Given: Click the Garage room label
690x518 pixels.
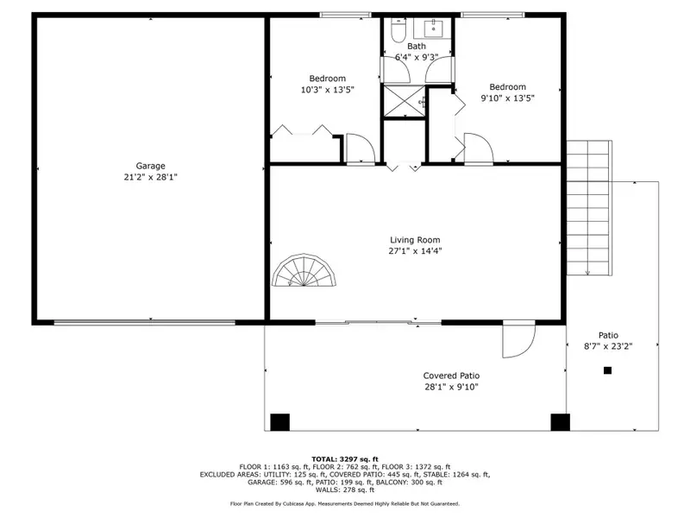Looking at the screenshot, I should coord(150,166).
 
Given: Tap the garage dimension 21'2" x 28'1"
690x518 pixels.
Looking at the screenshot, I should coord(150,177).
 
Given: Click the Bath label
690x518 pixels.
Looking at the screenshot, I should coord(417,47).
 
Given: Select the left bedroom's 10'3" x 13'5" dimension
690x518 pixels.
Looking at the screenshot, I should coord(327,90).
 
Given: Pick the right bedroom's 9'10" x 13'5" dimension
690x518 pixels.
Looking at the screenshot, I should coord(507,98).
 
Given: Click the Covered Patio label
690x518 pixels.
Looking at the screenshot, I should coord(451,376).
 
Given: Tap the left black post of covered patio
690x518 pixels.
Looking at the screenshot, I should coord(279,422).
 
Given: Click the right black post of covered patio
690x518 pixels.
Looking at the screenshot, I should coord(561,422).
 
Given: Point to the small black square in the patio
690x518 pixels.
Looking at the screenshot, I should coord(607,370).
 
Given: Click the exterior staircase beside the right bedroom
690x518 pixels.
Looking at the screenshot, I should coord(588,207).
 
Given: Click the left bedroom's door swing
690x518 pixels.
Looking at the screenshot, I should coord(358,148).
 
